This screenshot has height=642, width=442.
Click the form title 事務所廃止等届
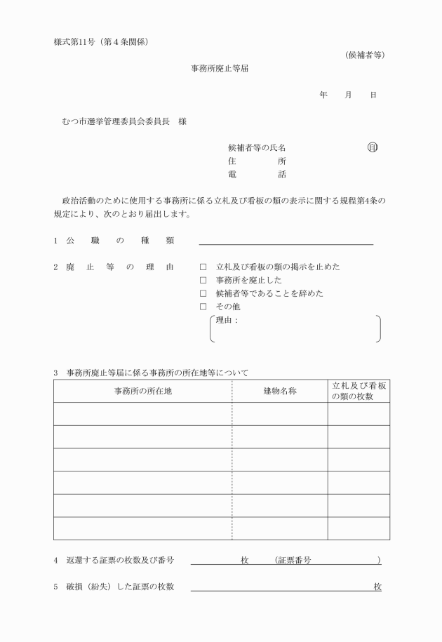click(221, 69)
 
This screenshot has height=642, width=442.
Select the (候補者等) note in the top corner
click(365, 55)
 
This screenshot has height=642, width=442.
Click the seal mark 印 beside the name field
click(373, 147)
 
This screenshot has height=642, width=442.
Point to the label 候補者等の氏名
click(257, 148)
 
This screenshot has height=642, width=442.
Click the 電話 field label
click(257, 174)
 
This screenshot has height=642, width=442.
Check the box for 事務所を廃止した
click(203, 281)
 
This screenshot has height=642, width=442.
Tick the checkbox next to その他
click(203, 307)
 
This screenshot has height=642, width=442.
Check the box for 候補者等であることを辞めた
click(203, 293)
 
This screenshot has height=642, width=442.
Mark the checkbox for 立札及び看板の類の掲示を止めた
click(203, 267)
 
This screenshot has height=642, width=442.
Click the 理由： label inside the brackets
click(227, 320)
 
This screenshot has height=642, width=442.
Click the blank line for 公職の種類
click(286, 242)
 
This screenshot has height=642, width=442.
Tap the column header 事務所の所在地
click(143, 392)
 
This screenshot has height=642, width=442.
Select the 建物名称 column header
click(279, 392)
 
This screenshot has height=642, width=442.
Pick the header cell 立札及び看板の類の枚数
click(359, 392)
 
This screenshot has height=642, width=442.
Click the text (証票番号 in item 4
click(294, 560)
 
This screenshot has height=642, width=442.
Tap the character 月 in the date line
click(348, 95)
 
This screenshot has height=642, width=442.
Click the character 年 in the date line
click(323, 95)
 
